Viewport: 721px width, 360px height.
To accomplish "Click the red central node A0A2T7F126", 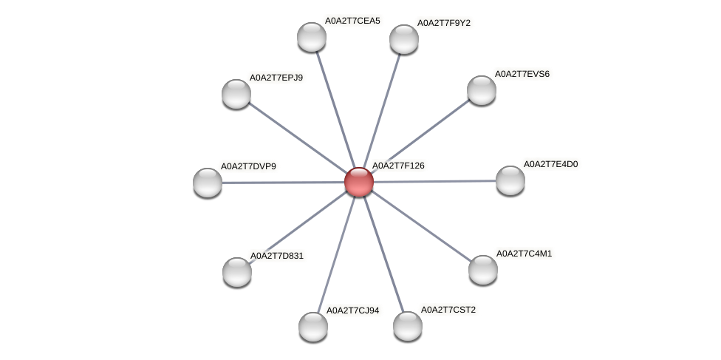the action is click(x=359, y=183).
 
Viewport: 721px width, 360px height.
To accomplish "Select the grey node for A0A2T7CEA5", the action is click(x=312, y=37).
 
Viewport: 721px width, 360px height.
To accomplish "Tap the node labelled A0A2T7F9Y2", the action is click(x=404, y=40).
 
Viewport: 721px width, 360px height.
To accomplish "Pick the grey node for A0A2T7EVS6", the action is click(x=482, y=91).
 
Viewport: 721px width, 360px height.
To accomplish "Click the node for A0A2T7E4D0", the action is click(x=510, y=180).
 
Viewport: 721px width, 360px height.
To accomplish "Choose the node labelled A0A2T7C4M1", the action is click(x=483, y=271).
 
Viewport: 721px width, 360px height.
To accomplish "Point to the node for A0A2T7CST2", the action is click(x=407, y=327).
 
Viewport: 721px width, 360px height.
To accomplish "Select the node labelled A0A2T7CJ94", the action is click(x=313, y=327).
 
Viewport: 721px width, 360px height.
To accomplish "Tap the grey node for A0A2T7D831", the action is click(x=237, y=273).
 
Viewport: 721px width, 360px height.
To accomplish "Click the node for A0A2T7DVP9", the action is click(x=208, y=183).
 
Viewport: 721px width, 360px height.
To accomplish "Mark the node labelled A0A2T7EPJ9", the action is click(x=236, y=94).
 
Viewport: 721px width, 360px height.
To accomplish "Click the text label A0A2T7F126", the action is click(x=398, y=166).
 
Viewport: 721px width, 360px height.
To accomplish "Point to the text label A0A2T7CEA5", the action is click(x=352, y=21).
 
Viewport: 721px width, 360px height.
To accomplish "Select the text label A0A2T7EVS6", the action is click(x=522, y=74).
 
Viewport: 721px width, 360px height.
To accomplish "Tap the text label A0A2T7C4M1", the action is click(x=524, y=254).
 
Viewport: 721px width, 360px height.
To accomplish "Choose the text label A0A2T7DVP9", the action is click(x=248, y=166).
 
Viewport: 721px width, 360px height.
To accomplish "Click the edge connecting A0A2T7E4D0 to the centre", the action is click(x=434, y=181).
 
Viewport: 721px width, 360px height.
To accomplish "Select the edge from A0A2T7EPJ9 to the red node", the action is click(x=298, y=138).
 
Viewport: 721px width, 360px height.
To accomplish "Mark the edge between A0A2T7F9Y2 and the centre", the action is click(x=381, y=111).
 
